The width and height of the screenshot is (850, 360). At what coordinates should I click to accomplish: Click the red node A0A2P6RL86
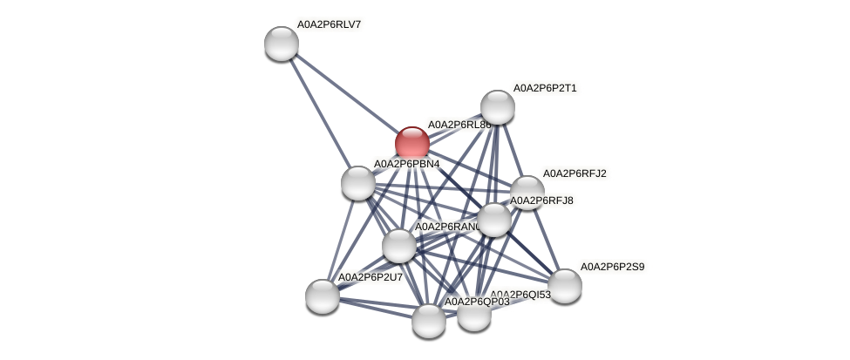click(411, 143)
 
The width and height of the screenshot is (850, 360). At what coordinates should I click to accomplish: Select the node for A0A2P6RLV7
click(281, 43)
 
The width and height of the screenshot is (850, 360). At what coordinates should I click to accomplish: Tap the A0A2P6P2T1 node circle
click(497, 106)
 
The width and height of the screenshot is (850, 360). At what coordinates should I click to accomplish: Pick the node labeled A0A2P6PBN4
click(357, 182)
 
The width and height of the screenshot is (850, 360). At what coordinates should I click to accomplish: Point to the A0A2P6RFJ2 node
click(527, 192)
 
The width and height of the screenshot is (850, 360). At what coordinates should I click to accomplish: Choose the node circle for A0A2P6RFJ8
click(493, 219)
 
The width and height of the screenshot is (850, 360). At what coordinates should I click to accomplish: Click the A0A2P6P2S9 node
click(564, 285)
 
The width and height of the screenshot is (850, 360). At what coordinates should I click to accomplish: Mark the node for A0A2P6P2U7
click(322, 295)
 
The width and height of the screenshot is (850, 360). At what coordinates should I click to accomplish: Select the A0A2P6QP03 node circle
click(428, 320)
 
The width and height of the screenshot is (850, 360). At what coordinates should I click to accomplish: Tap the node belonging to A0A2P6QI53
click(473, 314)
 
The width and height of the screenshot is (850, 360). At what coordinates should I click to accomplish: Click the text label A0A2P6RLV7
click(330, 24)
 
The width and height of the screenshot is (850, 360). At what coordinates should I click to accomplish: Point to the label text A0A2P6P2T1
click(544, 88)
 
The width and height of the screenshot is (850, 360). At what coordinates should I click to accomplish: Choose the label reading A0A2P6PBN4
click(405, 164)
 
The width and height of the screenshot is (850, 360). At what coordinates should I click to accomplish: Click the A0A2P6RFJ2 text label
click(575, 173)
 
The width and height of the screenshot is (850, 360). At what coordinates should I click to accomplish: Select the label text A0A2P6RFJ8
click(541, 201)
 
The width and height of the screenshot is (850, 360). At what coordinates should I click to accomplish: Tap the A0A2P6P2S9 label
click(612, 267)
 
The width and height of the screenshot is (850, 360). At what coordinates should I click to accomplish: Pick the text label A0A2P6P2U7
click(370, 277)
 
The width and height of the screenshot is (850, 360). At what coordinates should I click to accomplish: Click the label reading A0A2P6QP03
click(477, 302)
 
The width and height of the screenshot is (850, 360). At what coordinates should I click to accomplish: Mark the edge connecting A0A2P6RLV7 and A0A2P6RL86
click(346, 92)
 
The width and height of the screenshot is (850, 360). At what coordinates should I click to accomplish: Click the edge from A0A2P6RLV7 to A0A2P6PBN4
click(319, 112)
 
